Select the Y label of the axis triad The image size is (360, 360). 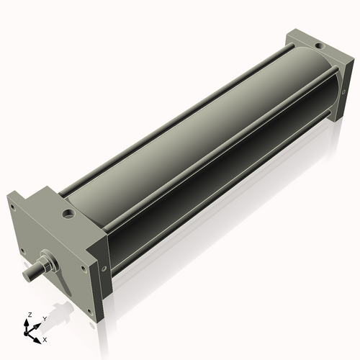[x=44, y=318]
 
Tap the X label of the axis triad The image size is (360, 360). [x=45, y=338]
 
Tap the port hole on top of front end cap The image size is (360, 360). [x=68, y=214]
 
